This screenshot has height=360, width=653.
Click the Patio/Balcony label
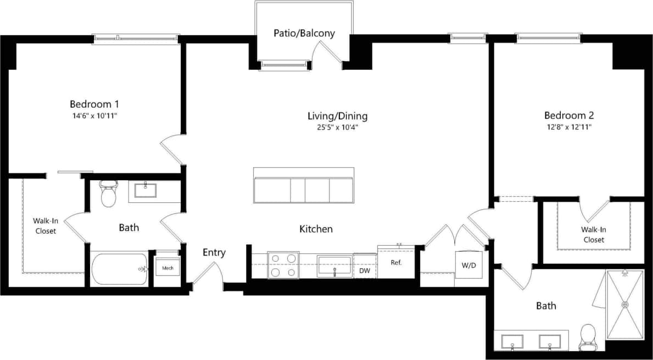coord(304,34)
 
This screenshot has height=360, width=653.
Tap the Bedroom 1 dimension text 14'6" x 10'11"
coord(94,116)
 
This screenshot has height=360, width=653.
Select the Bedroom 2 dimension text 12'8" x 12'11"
coord(568,127)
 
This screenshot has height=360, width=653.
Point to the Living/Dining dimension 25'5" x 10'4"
coord(337,128)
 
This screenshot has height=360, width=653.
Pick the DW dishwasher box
coord(364,270)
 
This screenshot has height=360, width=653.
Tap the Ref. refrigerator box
coord(396,262)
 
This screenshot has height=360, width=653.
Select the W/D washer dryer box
coord(468,265)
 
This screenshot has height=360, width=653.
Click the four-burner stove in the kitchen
coord(283,265)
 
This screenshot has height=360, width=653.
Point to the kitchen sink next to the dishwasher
coord(334,266)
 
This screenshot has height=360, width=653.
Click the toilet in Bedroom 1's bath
coord(109,193)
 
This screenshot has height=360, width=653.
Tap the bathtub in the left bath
coord(120,269)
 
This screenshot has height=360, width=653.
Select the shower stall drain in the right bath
coord(624,304)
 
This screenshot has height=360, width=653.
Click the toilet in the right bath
coord(588,336)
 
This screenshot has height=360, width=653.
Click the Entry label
coord(214,253)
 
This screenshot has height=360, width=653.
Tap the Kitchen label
coord(316,229)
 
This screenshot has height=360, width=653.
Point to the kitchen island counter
coord(304,190)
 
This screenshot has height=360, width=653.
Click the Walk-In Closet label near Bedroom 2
coord(594,235)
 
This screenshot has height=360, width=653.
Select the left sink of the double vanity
coord(512,341)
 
